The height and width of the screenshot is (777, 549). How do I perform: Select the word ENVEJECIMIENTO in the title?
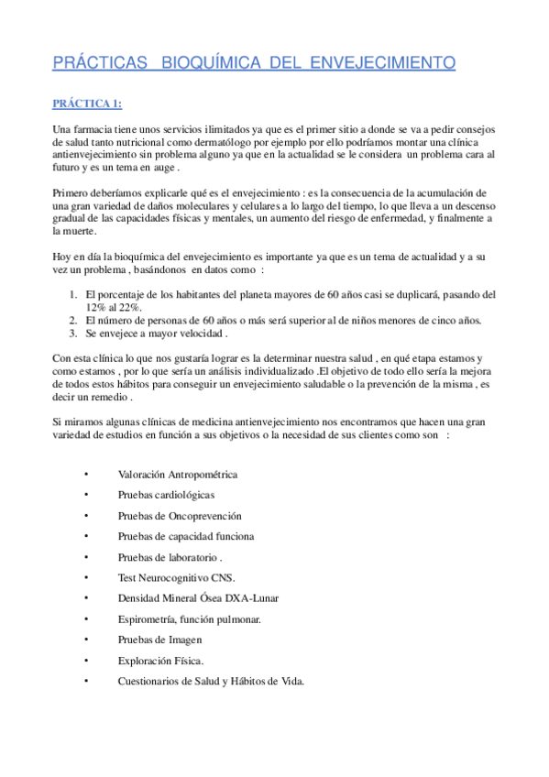click(384, 63)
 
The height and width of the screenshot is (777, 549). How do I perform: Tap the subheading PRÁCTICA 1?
click(86, 103)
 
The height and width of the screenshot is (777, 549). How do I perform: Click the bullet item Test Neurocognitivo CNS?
click(176, 577)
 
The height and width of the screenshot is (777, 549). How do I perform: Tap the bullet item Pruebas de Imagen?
click(159, 640)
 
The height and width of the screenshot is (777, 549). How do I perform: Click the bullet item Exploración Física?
click(160, 660)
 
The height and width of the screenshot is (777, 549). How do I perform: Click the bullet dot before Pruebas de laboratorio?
click(84, 557)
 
